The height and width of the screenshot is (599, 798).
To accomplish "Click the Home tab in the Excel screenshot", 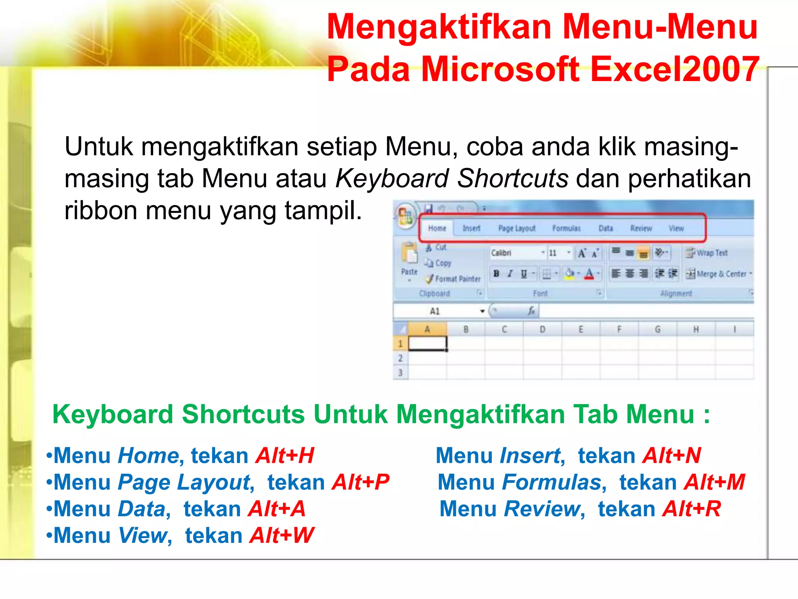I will pos(437,229).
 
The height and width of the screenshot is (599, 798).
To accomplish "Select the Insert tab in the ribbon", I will pos(471,229).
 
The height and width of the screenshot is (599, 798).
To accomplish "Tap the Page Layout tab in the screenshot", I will pos(517,229).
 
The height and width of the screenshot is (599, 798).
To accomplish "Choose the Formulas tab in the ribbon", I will pos(566,229).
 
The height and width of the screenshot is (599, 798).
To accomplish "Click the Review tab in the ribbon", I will pos(641,229).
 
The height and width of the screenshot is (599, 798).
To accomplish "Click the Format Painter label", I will pos(457,279).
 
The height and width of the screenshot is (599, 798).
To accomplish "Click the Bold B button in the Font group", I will pos(496,274).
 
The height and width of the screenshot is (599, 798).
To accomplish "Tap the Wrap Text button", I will pos(707,253).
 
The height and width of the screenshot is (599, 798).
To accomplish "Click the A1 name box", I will pos(435,311).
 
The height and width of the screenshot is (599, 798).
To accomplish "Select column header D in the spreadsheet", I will pos(542,330).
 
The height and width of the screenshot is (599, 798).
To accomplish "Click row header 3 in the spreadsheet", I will pos(400,373).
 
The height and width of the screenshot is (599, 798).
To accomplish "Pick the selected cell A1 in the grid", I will pos(427,344).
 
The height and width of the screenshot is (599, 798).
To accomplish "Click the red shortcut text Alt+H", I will pos(285,455).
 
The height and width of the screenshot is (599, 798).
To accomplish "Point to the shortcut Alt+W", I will pos(282,535).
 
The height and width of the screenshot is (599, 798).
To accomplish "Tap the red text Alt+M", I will pos(715,482).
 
